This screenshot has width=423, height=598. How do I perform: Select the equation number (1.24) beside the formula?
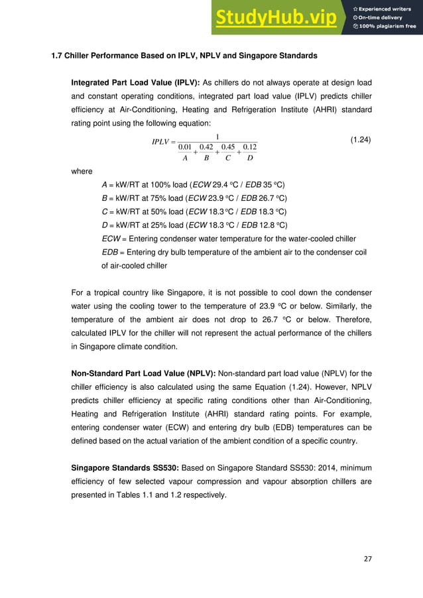[360, 140]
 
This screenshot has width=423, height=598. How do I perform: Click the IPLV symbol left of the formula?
[162, 141]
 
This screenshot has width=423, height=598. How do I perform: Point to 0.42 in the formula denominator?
[206, 147]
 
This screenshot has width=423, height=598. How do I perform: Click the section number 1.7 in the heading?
[58, 56]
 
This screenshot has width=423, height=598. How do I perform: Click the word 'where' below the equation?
[82, 171]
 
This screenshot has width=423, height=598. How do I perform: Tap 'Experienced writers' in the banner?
[387, 7]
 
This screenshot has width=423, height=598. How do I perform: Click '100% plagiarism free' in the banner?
[388, 26]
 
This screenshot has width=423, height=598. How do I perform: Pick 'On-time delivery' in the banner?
[384, 17]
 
